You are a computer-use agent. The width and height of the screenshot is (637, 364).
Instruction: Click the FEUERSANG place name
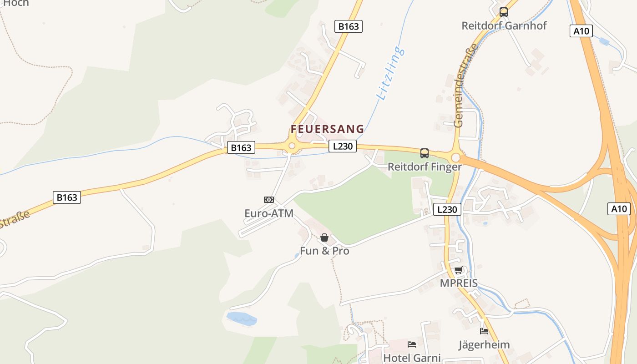pos(327,129)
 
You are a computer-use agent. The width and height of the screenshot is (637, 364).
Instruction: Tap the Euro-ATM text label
pos(269,213)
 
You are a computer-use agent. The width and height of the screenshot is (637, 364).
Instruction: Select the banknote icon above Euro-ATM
pos(269,200)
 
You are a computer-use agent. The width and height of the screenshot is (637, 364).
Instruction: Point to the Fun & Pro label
pos(324,251)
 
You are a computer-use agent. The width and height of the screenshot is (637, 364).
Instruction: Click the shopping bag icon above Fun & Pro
pos(324,238)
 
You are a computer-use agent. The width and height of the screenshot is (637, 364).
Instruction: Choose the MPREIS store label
pos(459,283)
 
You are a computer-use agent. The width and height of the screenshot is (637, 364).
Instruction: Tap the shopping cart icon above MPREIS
pos(459,270)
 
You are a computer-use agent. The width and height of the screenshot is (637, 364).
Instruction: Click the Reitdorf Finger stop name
pos(425,167)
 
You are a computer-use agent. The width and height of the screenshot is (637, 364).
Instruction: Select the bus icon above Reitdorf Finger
pos(425,153)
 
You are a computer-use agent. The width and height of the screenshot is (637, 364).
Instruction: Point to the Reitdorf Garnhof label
pos(504,25)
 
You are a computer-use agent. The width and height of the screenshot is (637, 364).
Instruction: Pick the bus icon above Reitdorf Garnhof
pos(504,12)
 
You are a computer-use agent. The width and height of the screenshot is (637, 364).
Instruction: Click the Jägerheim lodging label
pos(484,344)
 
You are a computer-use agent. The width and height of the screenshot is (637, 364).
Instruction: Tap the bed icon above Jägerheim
pos(484,331)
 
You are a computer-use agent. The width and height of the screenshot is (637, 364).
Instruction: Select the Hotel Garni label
pos(412,358)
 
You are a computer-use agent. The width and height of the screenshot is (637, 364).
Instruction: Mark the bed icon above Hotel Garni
pos(412,344)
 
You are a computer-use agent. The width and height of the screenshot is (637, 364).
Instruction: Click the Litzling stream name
pos(390,73)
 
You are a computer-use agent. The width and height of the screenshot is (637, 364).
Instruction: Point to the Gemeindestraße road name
pos(465,86)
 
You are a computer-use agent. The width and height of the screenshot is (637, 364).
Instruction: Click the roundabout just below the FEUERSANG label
pos(292,147)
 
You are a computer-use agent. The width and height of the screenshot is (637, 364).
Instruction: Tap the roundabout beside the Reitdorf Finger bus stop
pos(455,157)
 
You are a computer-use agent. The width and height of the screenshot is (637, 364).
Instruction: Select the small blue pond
pos(241,318)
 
